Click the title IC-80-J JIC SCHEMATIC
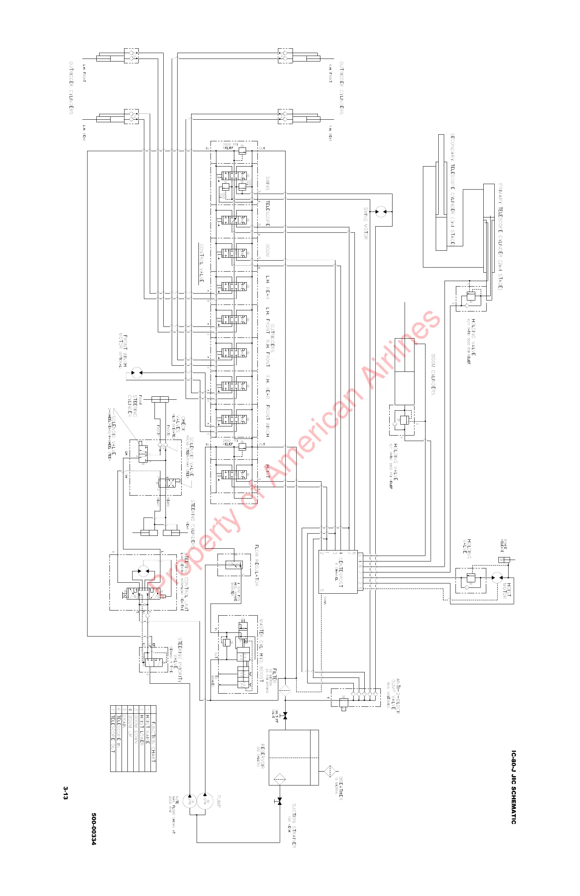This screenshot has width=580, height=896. pyautogui.click(x=513, y=787)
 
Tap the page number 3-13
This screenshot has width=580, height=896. pyautogui.click(x=66, y=792)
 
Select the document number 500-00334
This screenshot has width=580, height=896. pyautogui.click(x=94, y=829)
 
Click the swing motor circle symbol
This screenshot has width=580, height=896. pyautogui.click(x=381, y=212)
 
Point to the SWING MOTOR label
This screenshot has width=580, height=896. pyautogui.click(x=365, y=223)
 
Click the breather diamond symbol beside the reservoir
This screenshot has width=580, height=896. pyautogui.click(x=330, y=771)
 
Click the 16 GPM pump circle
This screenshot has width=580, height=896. pyautogui.click(x=189, y=800)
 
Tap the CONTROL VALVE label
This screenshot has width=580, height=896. pyautogui.click(x=201, y=263)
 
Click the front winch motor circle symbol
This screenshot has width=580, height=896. pyautogui.click(x=137, y=373)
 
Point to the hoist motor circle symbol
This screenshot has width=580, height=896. pyautogui.click(x=497, y=578)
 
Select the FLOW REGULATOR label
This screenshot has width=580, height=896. pyautogui.click(x=256, y=565)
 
